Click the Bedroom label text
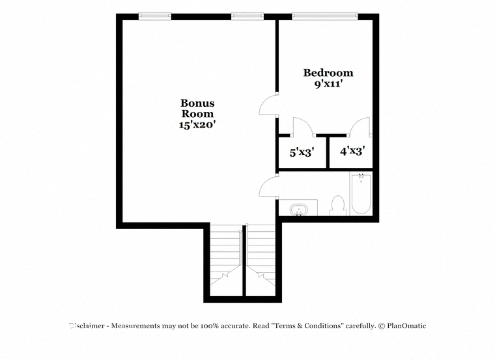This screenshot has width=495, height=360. tap(328, 73)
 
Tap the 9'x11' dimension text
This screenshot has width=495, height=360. tap(328, 84)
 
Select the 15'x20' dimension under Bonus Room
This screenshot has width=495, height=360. tap(197, 124)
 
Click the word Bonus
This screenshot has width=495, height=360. tap(197, 103)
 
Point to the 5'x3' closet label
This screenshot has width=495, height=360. tap(302, 153)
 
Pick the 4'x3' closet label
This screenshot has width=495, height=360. tap(352, 151)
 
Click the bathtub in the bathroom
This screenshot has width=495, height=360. tap(361, 193)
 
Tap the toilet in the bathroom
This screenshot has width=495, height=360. tap(338, 206)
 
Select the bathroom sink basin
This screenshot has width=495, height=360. tap(298, 210)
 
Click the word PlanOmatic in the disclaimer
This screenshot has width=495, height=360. tap(406, 325)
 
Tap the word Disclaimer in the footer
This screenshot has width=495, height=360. tap(87, 325)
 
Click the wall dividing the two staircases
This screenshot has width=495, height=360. tap(244, 260)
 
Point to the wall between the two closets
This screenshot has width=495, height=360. tap(328, 152)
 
